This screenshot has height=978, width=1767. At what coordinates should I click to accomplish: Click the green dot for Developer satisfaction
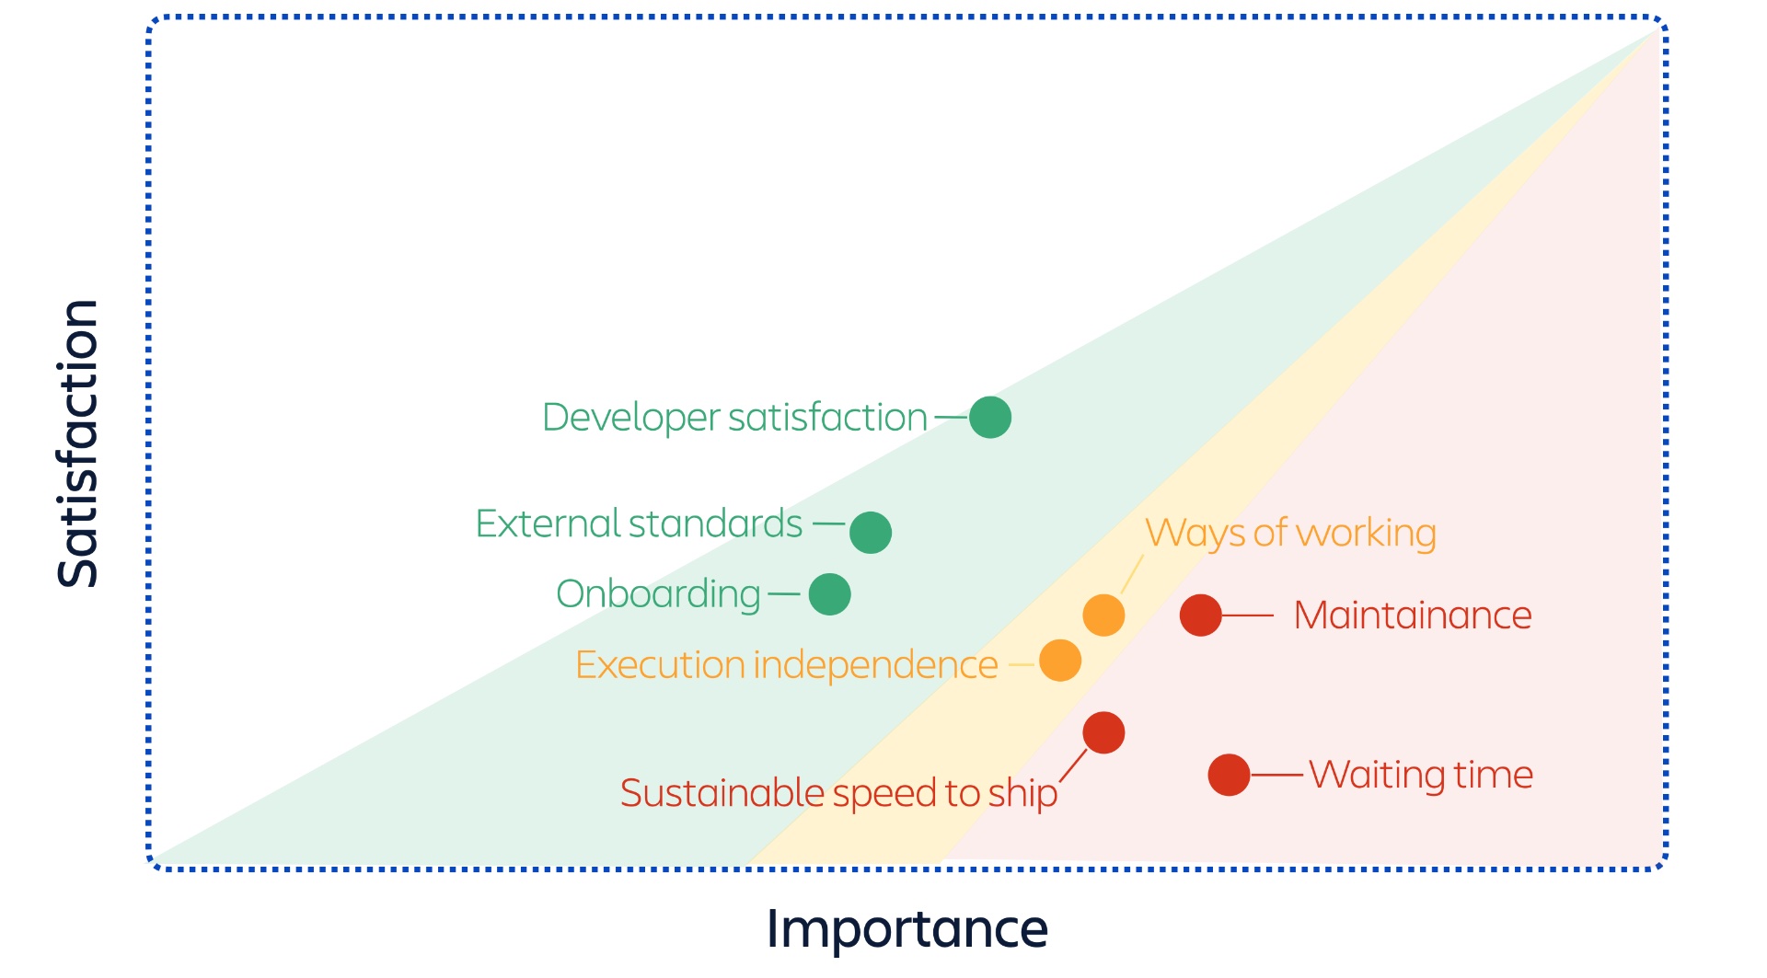[990, 418]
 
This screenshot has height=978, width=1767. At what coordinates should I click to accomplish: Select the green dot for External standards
[871, 533]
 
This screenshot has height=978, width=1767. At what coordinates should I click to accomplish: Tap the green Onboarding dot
[829, 594]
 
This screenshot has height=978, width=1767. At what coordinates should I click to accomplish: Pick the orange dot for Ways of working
[1103, 615]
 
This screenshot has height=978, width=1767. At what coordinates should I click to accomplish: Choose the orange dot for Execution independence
[1060, 661]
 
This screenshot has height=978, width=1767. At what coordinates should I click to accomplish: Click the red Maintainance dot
[1201, 615]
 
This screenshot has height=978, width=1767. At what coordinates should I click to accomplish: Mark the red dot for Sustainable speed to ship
[1103, 732]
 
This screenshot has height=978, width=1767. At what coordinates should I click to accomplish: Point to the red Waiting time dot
[1229, 775]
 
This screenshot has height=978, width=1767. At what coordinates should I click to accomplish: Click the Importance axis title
[907, 929]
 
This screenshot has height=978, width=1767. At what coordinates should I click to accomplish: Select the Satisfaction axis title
[78, 443]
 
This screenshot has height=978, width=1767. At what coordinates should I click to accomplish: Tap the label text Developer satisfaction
[734, 418]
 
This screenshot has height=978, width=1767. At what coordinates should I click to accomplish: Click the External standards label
[639, 524]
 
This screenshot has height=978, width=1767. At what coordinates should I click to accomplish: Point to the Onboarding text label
[658, 594]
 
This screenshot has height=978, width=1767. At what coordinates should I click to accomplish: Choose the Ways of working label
[1290, 534]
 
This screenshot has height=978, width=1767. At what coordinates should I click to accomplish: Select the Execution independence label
[787, 664]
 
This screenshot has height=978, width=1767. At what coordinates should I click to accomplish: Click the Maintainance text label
[1413, 616]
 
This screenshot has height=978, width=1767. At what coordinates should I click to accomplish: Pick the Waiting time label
[1421, 775]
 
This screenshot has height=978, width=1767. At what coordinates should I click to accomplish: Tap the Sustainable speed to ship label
[838, 793]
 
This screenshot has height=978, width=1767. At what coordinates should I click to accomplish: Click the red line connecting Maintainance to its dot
[1248, 616]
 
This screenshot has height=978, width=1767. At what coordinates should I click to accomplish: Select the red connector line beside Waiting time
[1276, 776]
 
